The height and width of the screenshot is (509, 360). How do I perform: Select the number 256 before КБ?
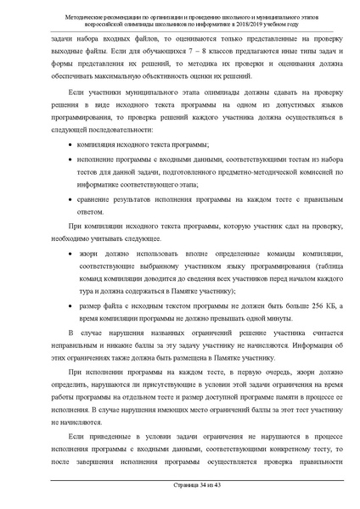292,303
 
